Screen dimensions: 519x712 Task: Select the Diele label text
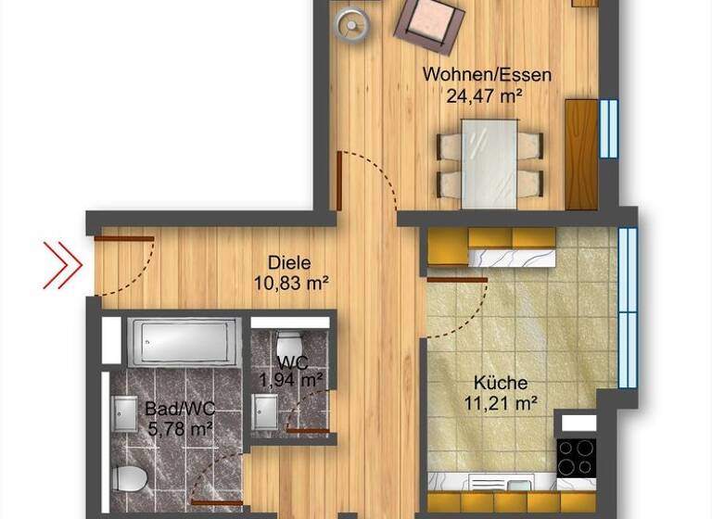click(x=289, y=262)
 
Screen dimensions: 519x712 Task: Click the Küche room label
click(x=501, y=383)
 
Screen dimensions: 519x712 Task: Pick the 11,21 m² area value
click(x=501, y=402)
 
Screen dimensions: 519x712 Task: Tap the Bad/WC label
click(x=180, y=409)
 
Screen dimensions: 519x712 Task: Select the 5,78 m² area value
click(x=180, y=428)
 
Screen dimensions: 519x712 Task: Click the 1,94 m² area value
click(x=291, y=378)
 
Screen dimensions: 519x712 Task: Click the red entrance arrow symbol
click(x=62, y=265)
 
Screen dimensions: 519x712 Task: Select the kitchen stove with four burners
click(x=575, y=455)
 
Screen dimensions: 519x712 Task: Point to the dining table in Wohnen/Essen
click(x=489, y=162)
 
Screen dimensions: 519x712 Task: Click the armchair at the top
click(x=429, y=22)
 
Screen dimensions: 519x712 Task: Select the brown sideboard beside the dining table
click(x=581, y=154)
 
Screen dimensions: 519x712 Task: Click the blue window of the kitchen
click(x=628, y=306)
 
